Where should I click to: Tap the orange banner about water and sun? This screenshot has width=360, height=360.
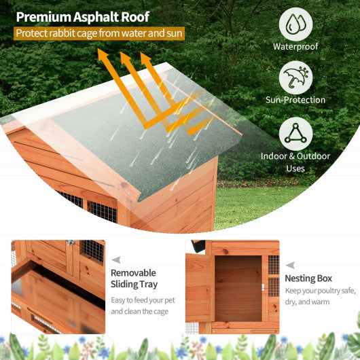tap(99, 33)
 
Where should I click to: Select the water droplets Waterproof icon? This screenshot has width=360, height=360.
tap(295, 24)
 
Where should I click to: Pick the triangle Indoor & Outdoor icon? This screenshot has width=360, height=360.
tap(295, 134)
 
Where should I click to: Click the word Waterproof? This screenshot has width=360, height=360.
tap(295, 47)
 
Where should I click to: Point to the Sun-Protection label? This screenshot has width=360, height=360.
tap(295, 101)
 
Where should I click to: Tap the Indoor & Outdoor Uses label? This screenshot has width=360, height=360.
tap(295, 162)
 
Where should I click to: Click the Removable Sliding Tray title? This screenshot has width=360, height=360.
tap(133, 278)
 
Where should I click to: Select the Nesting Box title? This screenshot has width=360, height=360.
tap(308, 278)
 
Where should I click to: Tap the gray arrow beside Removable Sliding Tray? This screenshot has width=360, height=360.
tap(115, 259)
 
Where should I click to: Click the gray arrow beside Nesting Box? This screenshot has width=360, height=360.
tap(290, 266)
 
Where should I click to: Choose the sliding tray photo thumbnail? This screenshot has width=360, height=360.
tap(58, 286)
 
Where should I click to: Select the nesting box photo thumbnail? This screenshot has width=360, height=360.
tap(232, 286)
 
